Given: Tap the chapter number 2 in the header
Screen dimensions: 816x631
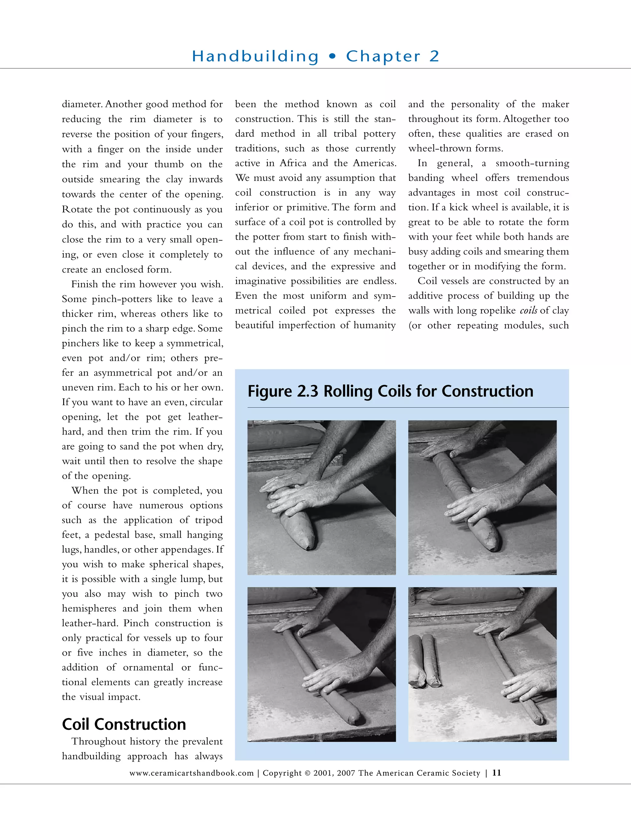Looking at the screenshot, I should pyautogui.click(x=434, y=56).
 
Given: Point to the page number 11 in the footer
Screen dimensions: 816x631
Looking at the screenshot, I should pyautogui.click(x=496, y=772).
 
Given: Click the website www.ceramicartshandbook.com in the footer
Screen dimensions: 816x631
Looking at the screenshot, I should pyautogui.click(x=191, y=773).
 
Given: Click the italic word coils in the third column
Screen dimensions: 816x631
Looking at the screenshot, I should pyautogui.click(x=528, y=310).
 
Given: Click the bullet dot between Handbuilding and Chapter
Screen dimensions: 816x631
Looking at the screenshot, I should pyautogui.click(x=332, y=56).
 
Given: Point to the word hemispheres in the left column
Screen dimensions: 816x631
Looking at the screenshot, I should pyautogui.click(x=89, y=608).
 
